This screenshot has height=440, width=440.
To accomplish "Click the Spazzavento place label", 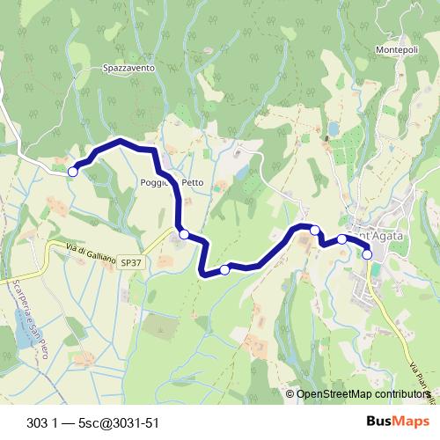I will tap(128, 67).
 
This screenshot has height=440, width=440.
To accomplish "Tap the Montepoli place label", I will tap(396, 50).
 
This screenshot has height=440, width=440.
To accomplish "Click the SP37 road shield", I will tap(132, 262).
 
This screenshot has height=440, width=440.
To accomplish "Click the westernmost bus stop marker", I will tap(73, 172).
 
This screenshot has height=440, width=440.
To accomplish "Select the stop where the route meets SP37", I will tap(184, 234).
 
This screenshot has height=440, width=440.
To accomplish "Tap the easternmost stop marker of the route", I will tap(367, 255).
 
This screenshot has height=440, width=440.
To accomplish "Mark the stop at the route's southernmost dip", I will tap(224, 270).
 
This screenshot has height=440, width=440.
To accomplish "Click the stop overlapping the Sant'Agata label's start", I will tap(342, 238).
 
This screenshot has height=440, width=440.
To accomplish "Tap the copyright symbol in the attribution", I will tap(290, 394).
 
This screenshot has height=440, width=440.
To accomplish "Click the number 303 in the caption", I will tap(38, 422).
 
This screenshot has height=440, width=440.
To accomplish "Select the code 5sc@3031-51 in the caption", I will tap(118, 422).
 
